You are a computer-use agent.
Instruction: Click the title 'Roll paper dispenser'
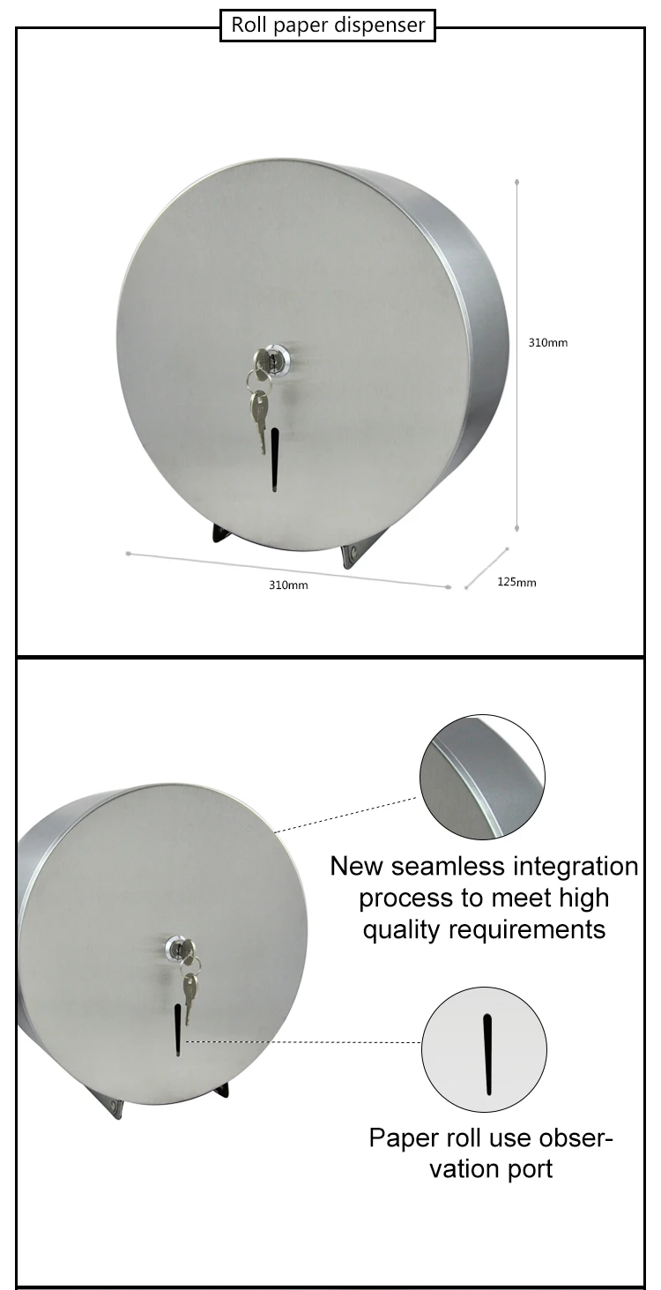coord(328,26)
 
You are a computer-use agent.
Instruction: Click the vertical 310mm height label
coord(547,342)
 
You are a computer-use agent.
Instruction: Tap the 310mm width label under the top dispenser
coord(288,585)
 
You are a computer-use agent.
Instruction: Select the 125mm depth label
coord(516,582)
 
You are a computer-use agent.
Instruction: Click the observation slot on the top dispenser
coord(275,459)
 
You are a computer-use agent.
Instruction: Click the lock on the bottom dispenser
coord(180,949)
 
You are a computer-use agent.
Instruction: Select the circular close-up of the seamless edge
coord(481,777)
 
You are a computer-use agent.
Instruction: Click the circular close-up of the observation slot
coord(485,1050)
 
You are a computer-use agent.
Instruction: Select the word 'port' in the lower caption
coord(528,1169)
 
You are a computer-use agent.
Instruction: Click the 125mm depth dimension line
coord(487,568)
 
